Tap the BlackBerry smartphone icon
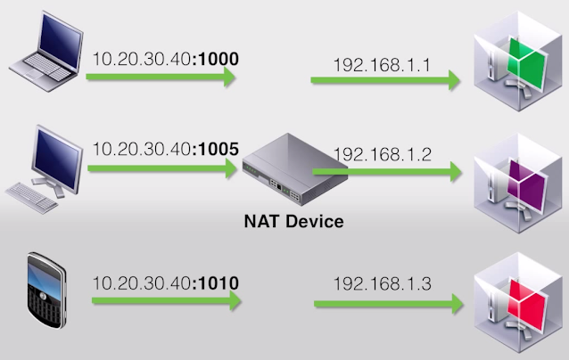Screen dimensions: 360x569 point(46,290)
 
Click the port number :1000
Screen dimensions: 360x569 point(217,61)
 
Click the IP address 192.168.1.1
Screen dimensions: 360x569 point(382,65)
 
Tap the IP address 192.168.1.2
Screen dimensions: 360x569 point(382,154)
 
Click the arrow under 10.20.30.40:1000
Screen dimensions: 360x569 point(161,78)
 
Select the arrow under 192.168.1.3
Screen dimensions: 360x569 point(388,304)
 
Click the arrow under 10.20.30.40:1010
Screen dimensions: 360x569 point(165,301)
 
